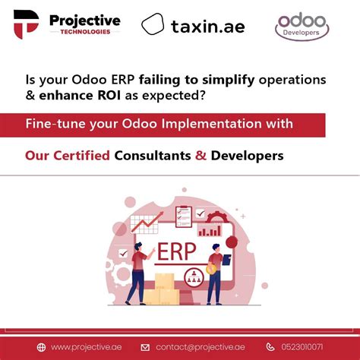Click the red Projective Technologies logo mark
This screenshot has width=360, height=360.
pyautogui.click(x=25, y=25)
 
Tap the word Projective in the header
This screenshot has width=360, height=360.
pyautogui.click(x=84, y=20)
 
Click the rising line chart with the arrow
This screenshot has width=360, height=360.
pyautogui.click(x=147, y=222)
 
